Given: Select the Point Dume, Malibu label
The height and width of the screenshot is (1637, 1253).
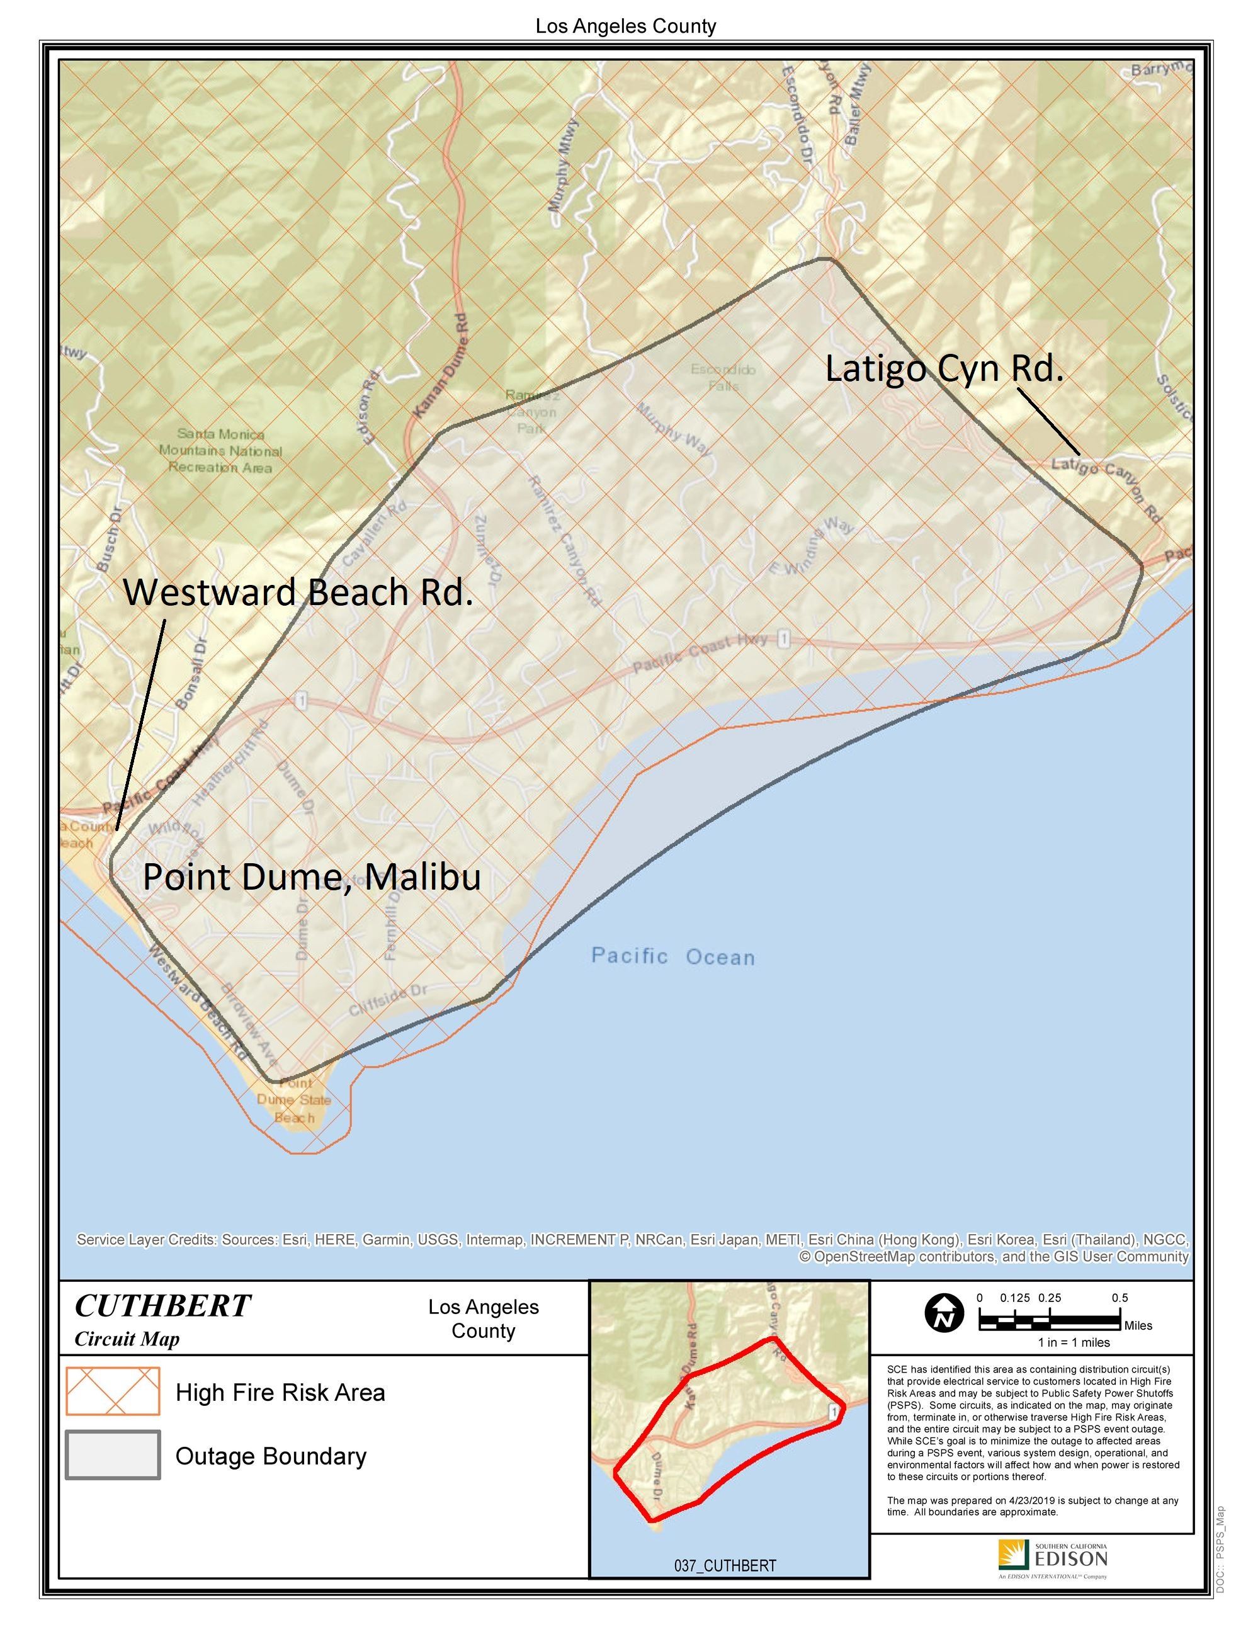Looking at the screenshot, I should (x=311, y=877).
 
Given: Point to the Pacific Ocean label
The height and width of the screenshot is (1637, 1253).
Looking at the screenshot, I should (x=672, y=956).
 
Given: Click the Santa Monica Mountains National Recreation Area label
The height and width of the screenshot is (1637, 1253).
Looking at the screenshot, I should (x=220, y=450).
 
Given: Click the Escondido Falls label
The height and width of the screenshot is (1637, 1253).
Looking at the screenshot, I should (x=723, y=377).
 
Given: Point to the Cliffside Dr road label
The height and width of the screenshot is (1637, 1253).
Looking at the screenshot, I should (x=388, y=1000).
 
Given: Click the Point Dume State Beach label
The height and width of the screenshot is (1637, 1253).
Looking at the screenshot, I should (x=294, y=1100).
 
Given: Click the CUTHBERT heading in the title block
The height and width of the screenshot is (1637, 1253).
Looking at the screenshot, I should (x=162, y=1306).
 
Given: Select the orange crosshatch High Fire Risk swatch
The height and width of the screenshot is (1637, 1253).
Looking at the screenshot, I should (x=113, y=1391).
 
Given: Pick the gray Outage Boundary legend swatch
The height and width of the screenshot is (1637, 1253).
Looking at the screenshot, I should (x=113, y=1455).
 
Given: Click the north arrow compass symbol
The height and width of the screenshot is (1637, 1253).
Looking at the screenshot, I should (x=944, y=1314).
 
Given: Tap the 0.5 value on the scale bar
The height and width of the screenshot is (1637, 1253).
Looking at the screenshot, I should (x=1120, y=1298).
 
